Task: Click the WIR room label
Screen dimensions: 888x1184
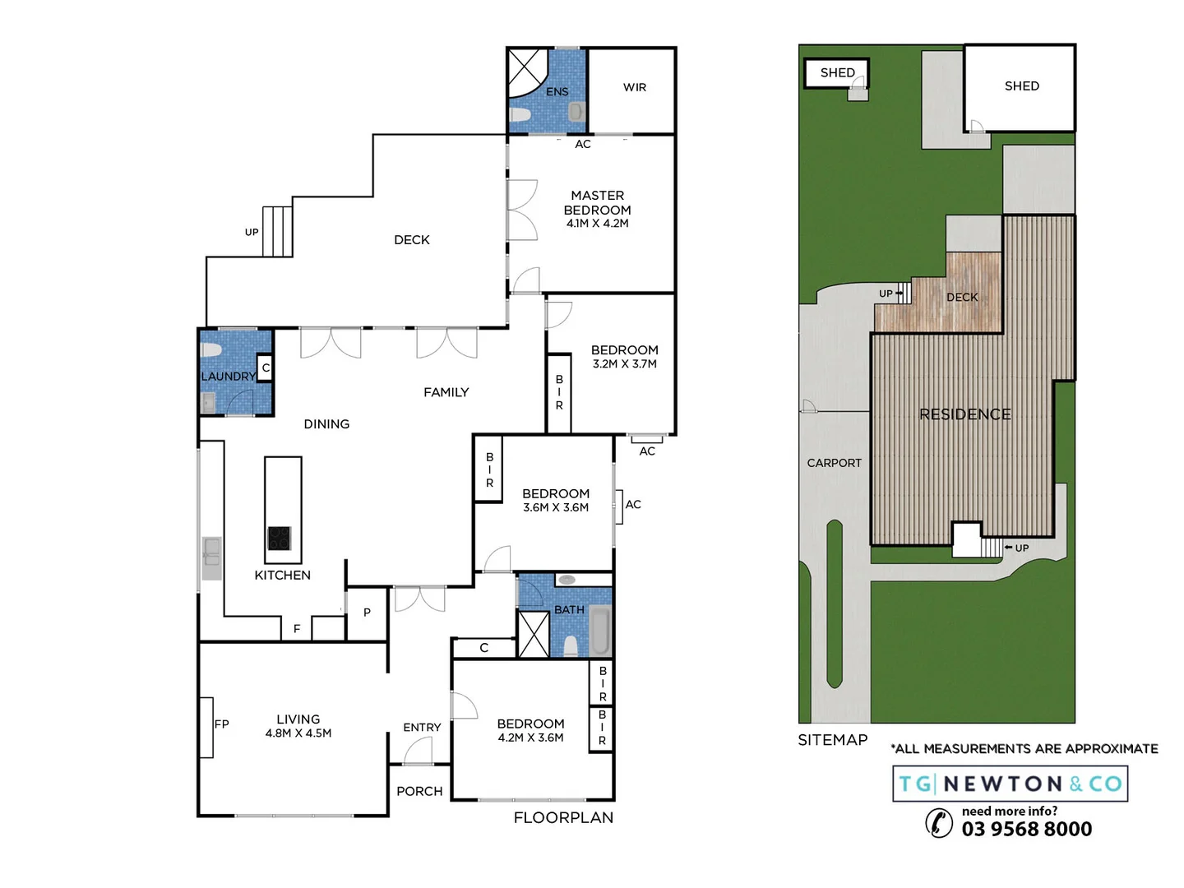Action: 634,87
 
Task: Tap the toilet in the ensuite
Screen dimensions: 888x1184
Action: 576,112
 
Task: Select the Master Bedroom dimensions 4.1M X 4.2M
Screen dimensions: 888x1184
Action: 597,224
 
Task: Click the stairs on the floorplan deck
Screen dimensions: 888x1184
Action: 277,231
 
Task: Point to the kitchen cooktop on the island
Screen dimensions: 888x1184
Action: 279,539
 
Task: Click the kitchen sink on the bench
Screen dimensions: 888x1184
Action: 211,551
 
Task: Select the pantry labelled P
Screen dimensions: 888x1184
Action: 367,613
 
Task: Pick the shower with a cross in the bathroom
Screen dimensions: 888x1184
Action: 533,634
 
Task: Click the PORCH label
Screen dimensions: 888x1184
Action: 419,791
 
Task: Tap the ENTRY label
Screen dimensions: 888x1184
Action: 422,728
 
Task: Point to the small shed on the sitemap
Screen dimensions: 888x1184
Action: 836,73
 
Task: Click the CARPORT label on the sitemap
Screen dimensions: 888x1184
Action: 834,463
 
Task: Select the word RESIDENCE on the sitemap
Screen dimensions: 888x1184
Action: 964,414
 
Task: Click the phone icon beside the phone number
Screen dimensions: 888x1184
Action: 939,822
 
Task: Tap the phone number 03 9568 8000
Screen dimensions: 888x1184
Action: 1026,829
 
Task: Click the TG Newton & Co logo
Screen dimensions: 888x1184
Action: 1010,784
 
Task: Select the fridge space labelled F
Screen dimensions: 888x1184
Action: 297,628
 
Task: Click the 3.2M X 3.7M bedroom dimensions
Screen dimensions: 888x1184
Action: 624,364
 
